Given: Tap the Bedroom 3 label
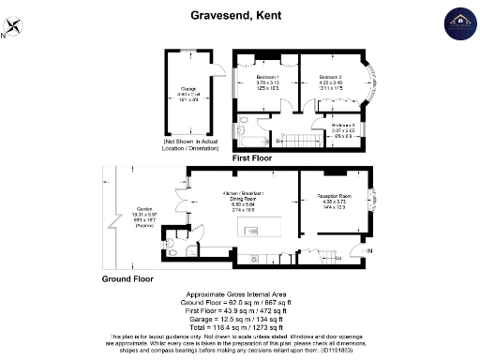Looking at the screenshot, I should (343, 128).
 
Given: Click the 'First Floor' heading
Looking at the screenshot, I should (256, 160).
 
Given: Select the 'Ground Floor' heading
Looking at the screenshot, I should (127, 278).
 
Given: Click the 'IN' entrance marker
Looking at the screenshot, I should (369, 251).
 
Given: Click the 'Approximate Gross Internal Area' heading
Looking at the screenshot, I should (239, 294).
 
